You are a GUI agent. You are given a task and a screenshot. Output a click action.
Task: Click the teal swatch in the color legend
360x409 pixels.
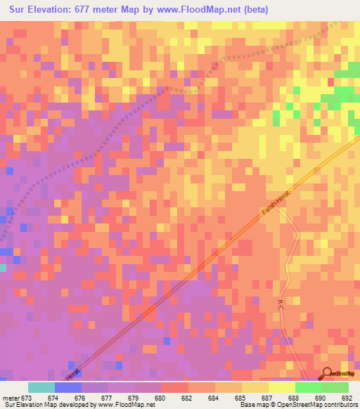41,387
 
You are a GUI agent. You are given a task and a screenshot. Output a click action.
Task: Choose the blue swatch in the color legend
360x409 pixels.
67,387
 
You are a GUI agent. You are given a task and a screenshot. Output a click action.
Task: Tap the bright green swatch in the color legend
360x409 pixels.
308,387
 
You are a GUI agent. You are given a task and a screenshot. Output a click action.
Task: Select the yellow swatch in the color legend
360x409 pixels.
255,387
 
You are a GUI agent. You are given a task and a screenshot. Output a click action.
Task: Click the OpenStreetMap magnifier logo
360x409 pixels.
327,374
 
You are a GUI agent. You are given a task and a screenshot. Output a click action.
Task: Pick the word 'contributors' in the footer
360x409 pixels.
340,405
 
